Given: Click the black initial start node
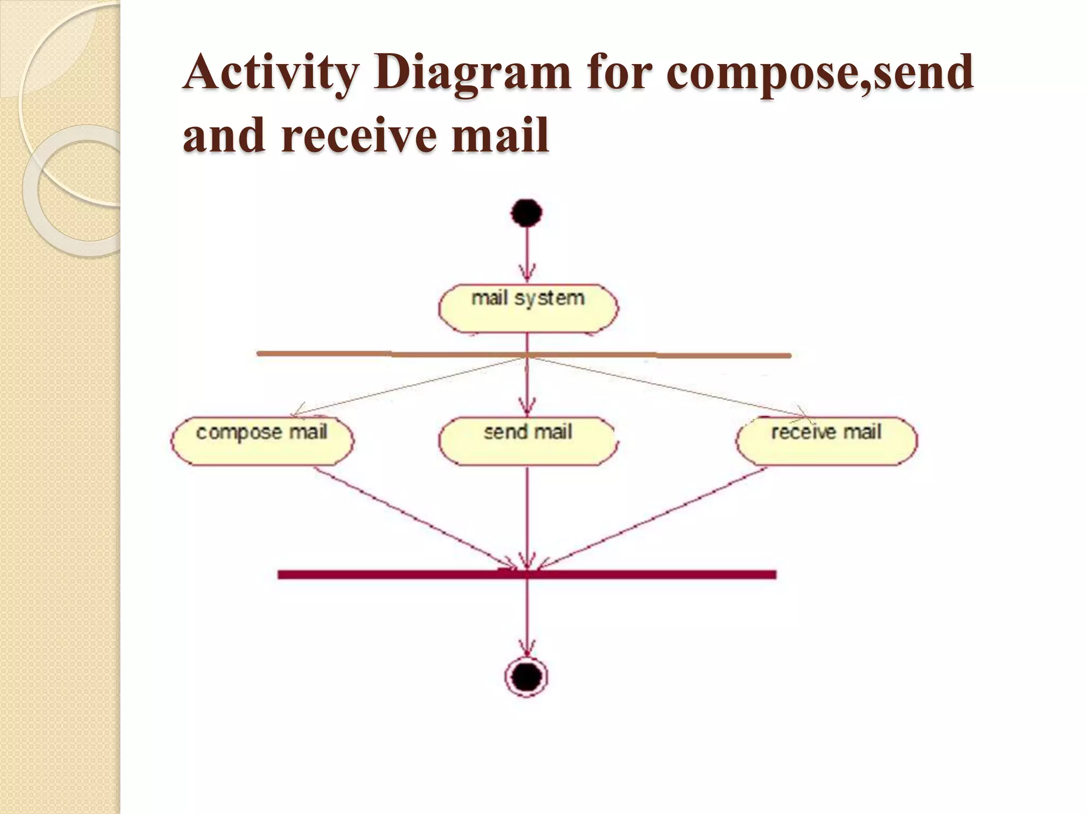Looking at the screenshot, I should (527, 213).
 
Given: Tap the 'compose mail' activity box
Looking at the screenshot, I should (262, 441).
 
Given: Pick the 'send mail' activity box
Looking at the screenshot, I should (528, 441).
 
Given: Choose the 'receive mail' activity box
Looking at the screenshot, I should (826, 441).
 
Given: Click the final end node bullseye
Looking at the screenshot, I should (527, 677).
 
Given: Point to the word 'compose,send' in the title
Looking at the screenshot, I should (819, 74).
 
